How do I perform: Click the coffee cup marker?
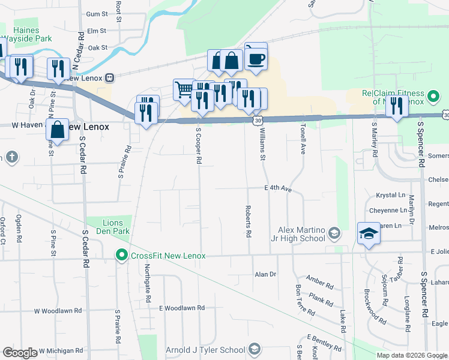(256, 59)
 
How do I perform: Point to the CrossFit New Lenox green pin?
(122, 256)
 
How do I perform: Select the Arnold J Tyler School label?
(206, 350)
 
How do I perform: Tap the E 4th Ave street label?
(278, 188)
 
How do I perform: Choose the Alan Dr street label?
(265, 274)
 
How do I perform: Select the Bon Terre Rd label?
(305, 299)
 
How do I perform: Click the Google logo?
(20, 353)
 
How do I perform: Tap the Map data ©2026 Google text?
(412, 355)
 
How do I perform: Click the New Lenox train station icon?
(109, 77)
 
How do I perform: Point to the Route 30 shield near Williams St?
(256, 121)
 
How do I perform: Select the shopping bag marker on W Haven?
(57, 129)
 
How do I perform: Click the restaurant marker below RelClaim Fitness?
(397, 106)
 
